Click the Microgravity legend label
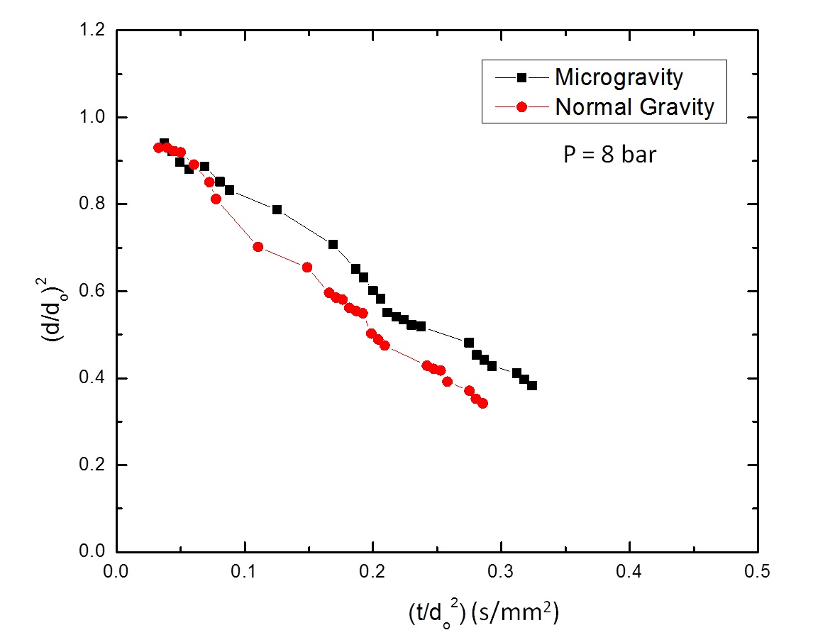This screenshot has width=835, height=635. click(x=619, y=77)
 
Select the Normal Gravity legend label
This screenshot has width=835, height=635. click(x=634, y=107)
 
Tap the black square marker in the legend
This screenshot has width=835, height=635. click(x=521, y=77)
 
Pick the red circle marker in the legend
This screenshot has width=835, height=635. click(x=521, y=107)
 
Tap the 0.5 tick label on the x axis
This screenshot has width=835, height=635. click(x=758, y=569)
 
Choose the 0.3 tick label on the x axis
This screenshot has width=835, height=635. click(x=502, y=569)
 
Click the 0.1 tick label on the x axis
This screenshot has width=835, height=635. click(x=245, y=569)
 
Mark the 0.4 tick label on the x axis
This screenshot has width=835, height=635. click(x=630, y=569)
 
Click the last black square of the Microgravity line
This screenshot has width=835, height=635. click(x=532, y=385)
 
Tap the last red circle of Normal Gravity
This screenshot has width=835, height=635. click(x=482, y=403)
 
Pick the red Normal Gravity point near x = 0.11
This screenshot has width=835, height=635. click(x=258, y=247)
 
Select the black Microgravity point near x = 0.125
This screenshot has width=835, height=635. click(x=277, y=209)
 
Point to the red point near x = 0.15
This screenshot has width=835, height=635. click(x=307, y=267)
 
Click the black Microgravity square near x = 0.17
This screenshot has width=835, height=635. click(x=333, y=244)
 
